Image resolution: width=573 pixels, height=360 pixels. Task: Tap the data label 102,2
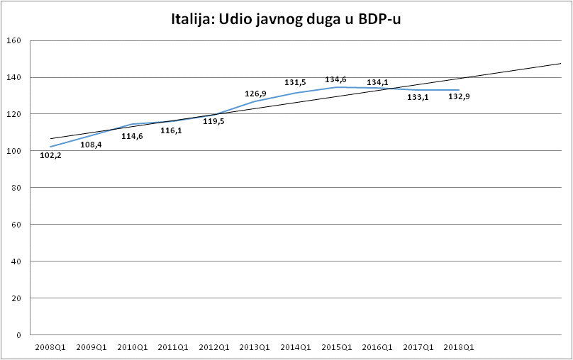(x=51, y=156)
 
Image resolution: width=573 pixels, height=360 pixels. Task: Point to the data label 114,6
(x=132, y=136)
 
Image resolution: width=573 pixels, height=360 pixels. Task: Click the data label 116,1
(x=171, y=130)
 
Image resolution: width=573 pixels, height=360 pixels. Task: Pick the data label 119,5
(x=213, y=121)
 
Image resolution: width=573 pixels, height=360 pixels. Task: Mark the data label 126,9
(x=255, y=94)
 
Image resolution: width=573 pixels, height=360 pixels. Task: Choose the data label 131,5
(x=295, y=82)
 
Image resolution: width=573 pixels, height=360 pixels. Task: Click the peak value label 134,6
(x=335, y=79)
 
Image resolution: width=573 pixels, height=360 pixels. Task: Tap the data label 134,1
(x=377, y=82)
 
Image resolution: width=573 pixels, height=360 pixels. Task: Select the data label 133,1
(x=418, y=97)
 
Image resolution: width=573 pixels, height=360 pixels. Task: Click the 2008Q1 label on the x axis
(x=51, y=347)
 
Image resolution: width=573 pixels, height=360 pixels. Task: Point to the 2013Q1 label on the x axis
(x=255, y=347)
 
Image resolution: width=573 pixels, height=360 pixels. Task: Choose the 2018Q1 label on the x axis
(x=458, y=347)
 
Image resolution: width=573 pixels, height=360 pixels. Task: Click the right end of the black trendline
(x=560, y=64)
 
